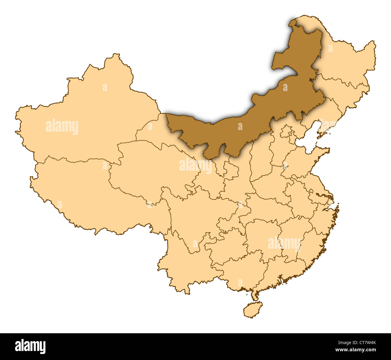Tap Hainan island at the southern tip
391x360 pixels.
253,310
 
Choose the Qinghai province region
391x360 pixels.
150,168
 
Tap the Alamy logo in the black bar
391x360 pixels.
30,346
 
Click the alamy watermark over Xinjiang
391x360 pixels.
62,127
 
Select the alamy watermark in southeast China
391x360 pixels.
284,243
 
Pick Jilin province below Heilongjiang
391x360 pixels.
346,90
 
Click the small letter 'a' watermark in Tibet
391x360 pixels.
60,205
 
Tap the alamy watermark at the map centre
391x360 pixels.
195,166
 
